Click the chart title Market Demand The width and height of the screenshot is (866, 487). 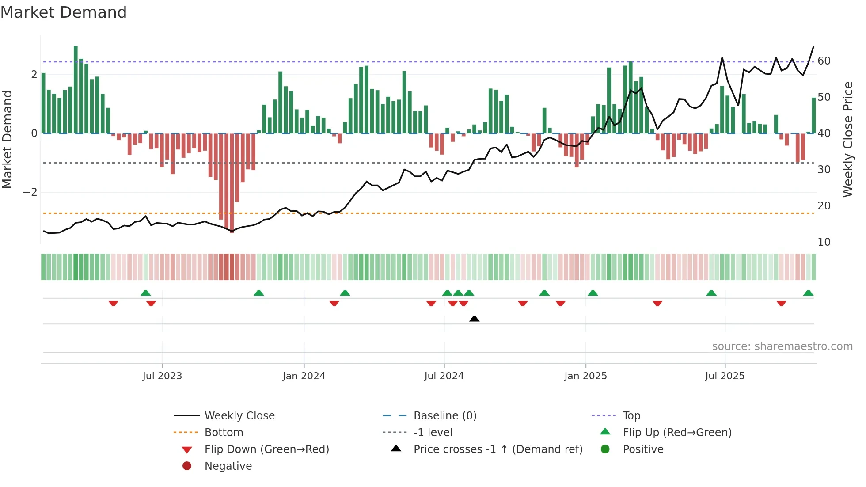[x=64, y=12]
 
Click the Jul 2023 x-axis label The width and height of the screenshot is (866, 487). [x=162, y=376]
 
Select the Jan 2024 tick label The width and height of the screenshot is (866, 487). [x=304, y=376]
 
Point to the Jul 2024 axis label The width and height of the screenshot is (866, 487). [x=444, y=376]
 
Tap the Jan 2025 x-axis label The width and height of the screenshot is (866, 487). [x=585, y=376]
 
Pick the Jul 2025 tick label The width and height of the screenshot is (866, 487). [x=725, y=376]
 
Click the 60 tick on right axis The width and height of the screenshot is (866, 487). [x=824, y=61]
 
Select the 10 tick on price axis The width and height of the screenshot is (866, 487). [x=824, y=242]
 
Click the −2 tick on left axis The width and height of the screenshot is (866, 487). [x=30, y=192]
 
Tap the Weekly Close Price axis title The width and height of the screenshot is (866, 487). [x=847, y=139]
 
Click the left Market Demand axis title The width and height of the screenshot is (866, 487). [x=7, y=139]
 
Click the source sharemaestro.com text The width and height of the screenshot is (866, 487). [x=782, y=346]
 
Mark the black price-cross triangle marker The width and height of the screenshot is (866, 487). [x=474, y=319]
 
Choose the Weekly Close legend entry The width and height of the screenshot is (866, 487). [x=239, y=416]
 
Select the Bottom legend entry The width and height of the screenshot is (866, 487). [x=224, y=433]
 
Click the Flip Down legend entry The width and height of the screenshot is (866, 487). [x=266, y=449]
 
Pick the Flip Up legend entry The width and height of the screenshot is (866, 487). [x=677, y=433]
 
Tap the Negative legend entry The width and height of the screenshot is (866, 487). [x=228, y=466]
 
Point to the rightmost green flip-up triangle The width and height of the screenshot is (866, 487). [x=808, y=293]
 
